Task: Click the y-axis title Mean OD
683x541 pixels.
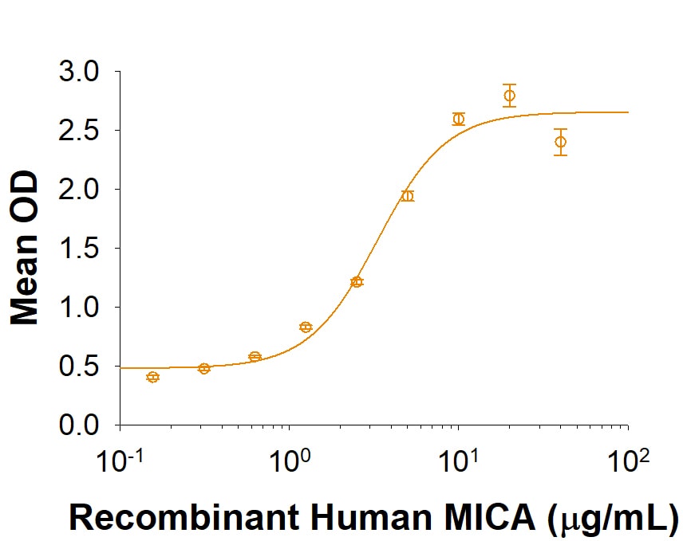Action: click(x=26, y=249)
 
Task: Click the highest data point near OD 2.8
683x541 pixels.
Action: click(x=509, y=96)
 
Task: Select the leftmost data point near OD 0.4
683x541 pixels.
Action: click(x=153, y=377)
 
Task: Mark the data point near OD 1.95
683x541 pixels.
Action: click(x=408, y=196)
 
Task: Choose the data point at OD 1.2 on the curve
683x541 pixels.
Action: click(x=357, y=281)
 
